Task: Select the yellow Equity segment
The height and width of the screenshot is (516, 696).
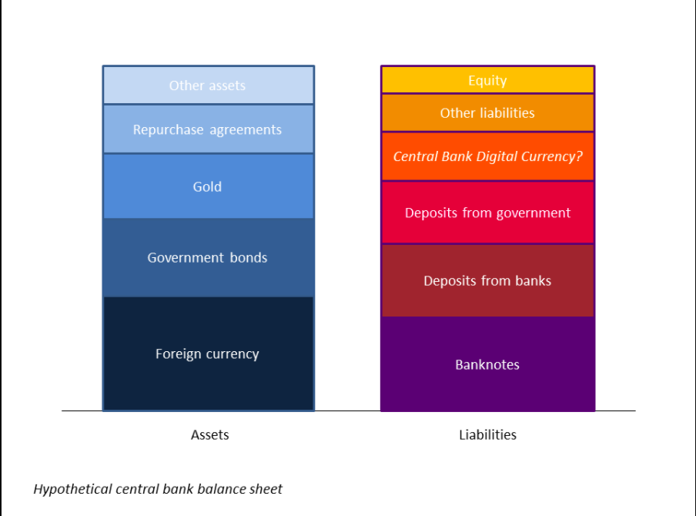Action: [487, 80]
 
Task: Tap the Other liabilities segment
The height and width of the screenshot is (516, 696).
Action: [487, 113]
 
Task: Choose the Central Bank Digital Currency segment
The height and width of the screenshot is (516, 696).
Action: [487, 156]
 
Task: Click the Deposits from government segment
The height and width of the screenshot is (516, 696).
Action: [487, 213]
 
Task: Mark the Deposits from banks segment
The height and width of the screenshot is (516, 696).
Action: [487, 280]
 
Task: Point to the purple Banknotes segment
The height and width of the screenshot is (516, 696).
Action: [487, 364]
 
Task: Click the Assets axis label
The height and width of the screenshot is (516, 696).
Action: [209, 435]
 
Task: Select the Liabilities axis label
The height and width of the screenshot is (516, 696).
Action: [487, 435]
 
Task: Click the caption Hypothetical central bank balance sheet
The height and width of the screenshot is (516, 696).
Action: [158, 489]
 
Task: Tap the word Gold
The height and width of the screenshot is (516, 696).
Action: [207, 186]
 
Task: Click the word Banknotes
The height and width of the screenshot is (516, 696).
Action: [487, 365]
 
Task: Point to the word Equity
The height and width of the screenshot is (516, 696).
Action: [487, 81]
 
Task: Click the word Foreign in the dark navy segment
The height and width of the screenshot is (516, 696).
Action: [179, 354]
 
